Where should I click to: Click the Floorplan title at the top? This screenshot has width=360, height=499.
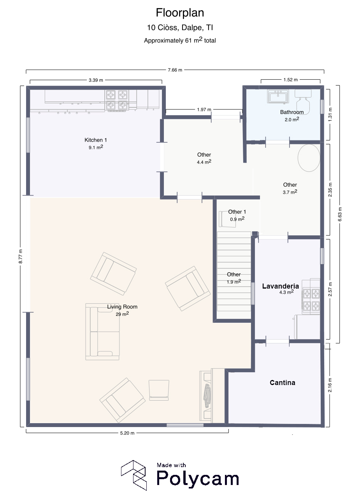(180, 13)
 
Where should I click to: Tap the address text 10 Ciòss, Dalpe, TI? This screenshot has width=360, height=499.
(180, 28)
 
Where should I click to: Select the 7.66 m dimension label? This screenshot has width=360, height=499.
(175, 70)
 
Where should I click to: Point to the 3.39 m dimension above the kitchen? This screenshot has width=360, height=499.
(96, 80)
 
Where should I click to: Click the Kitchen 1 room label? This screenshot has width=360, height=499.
(96, 140)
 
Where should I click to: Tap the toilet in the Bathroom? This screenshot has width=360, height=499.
(303, 101)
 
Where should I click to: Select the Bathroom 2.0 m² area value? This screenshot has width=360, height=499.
(292, 119)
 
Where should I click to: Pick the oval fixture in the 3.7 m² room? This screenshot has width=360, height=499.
(309, 158)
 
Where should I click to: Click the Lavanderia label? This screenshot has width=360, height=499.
(280, 286)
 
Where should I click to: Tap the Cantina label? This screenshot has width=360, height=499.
(283, 383)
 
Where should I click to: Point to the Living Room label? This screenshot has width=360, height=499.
(122, 307)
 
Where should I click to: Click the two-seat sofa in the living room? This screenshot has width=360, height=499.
(102, 331)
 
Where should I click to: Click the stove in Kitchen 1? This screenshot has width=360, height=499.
(117, 100)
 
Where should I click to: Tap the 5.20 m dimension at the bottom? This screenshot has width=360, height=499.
(127, 433)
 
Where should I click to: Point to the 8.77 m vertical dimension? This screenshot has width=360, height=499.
(21, 256)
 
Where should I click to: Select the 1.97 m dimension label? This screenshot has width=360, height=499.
(204, 110)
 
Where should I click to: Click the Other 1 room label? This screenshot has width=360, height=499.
(237, 212)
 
